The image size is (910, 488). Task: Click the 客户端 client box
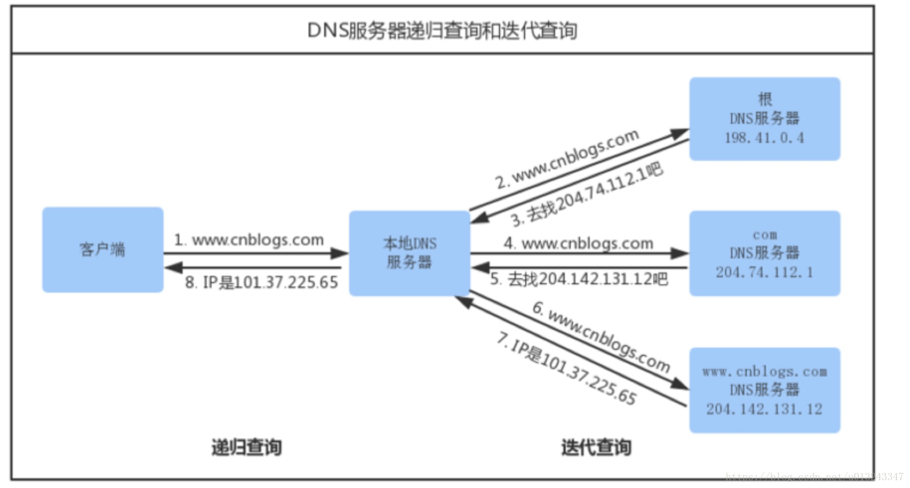102,250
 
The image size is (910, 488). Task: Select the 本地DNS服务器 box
409,253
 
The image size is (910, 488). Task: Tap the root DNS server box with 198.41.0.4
764,119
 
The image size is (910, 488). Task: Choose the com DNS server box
764,253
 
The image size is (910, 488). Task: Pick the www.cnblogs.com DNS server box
764,390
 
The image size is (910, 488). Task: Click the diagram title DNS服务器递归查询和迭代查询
442,31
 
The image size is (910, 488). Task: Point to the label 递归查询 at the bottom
246,447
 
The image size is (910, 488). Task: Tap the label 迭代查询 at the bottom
595,447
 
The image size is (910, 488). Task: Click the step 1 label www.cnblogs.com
249,240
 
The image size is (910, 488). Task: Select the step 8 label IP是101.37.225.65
261,282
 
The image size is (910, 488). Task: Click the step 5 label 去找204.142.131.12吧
579,279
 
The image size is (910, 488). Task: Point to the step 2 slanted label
567,158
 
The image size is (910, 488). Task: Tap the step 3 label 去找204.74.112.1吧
587,194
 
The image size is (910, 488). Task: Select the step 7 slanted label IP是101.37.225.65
566,368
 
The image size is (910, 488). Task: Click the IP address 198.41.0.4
764,138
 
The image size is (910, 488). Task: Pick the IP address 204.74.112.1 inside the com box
764,272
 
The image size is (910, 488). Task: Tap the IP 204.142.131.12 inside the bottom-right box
764,409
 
